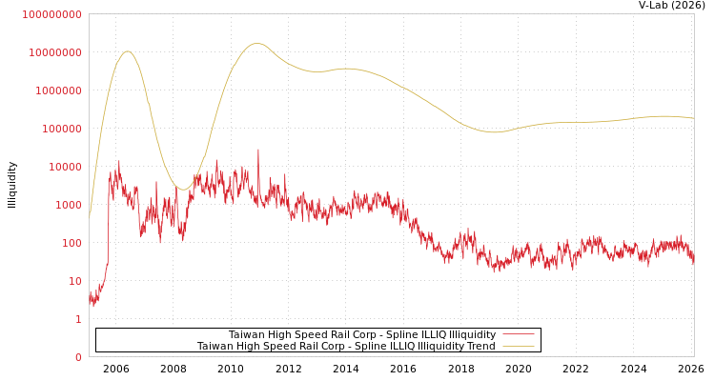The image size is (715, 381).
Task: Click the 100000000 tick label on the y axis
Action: pyautogui.click(x=52, y=14)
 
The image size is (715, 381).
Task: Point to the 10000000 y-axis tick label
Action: pyautogui.click(x=54, y=52)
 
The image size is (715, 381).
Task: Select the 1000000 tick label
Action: pyautogui.click(x=57, y=90)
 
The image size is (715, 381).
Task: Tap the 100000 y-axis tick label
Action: pyautogui.click(x=61, y=129)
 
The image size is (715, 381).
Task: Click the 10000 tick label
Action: pyautogui.click(x=64, y=167)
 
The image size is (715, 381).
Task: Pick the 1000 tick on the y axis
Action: pyautogui.click(x=68, y=205)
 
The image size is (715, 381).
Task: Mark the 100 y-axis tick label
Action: pyautogui.click(x=71, y=243)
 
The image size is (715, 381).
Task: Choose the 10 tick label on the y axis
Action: pyautogui.click(x=74, y=281)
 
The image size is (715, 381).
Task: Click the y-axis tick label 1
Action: pyautogui.click(x=78, y=319)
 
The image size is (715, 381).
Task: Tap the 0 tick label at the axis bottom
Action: pyautogui.click(x=78, y=357)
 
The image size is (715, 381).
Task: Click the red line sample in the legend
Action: pyautogui.click(x=518, y=335)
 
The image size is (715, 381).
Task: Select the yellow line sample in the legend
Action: pyautogui.click(x=518, y=347)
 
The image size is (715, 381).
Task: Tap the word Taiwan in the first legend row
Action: pyautogui.click(x=246, y=335)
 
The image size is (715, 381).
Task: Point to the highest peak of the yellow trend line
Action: pyautogui.click(x=256, y=43)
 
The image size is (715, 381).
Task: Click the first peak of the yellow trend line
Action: pyautogui.click(x=127, y=51)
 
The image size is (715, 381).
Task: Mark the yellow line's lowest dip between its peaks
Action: pyautogui.click(x=183, y=190)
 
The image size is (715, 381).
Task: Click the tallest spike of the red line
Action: pyautogui.click(x=257, y=150)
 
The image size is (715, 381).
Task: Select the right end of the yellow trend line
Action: pyautogui.click(x=693, y=118)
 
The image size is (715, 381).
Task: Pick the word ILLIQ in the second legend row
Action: pyautogui.click(x=394, y=347)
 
